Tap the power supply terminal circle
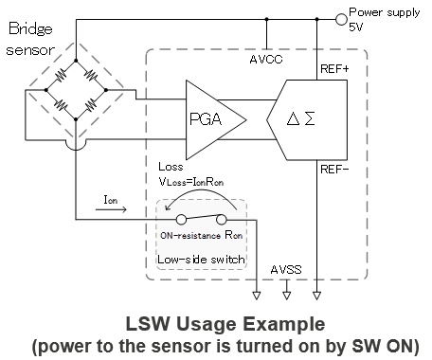point(341,19)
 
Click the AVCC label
point(266,60)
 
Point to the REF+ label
point(334,69)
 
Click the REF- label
point(334,170)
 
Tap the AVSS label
point(286,270)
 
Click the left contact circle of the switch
point(181,220)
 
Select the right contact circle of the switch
point(222,220)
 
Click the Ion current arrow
point(111,209)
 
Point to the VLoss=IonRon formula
point(191,182)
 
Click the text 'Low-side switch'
point(201,260)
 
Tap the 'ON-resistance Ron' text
point(202,235)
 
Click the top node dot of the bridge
point(76,61)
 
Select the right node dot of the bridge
point(106,90)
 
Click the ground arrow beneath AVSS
point(286,296)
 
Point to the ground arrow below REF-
point(316,296)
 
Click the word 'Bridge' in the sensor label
point(30,28)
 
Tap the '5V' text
point(356,27)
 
